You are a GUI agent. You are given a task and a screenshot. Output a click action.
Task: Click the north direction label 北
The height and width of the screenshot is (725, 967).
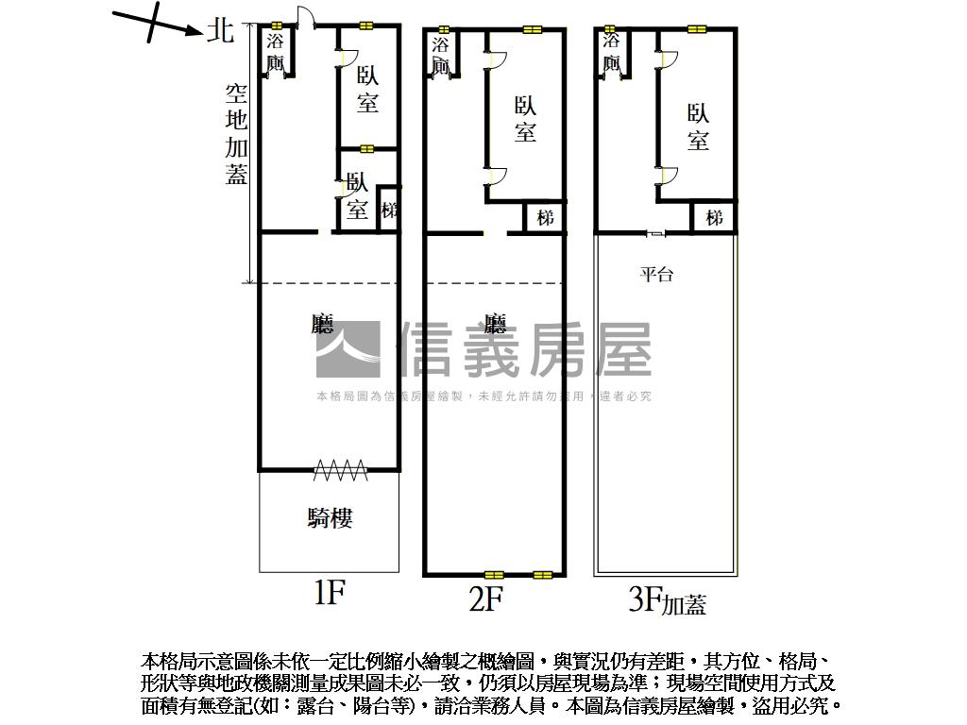coord(220,30)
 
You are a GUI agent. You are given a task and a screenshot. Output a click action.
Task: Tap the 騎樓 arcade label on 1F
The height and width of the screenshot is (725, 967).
coord(330,517)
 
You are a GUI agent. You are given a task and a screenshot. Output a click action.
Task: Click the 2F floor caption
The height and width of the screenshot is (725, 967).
coord(485,599)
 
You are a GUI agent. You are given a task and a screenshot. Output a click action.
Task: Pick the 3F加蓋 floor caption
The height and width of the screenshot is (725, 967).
coord(668,600)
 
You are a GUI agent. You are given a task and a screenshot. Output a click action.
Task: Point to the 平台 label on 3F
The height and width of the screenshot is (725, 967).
coord(656,275)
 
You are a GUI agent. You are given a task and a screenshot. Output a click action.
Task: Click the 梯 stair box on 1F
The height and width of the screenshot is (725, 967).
coord(388,210)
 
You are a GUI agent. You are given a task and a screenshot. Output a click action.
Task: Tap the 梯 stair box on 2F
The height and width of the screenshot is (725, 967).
coord(545,218)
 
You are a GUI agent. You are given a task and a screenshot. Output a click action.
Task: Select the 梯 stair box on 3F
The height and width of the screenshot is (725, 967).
coord(714,218)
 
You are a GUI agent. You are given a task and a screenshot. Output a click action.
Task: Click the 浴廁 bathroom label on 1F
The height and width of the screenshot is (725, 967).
coord(276,53)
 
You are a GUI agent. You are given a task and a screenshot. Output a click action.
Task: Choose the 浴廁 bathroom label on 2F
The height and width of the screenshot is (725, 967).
coord(441,55)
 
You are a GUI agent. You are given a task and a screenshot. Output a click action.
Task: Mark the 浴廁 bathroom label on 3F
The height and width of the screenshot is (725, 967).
coord(611,53)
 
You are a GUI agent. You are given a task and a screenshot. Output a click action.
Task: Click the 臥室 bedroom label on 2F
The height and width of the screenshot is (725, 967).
coord(525,119)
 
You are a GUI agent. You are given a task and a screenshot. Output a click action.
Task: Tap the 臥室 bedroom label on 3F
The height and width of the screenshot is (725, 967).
coord(698,127)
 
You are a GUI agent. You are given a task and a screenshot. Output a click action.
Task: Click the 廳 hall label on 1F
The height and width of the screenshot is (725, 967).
coord(323,326)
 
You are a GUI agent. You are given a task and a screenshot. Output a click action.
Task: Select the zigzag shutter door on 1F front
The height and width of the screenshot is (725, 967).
coord(340,466)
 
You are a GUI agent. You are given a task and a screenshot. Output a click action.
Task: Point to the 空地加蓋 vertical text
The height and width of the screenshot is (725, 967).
coord(236,133)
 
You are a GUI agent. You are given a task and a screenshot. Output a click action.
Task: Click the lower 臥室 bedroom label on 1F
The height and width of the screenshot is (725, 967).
coord(357,195)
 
